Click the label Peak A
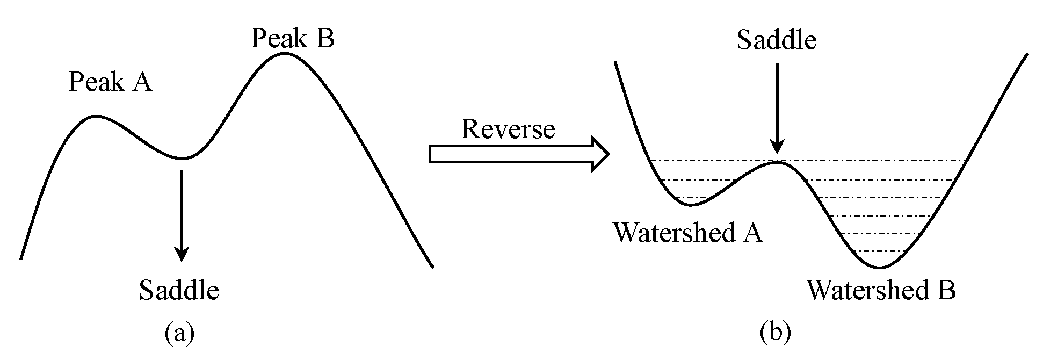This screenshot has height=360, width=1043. tap(110, 83)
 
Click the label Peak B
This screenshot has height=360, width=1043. tap(293, 39)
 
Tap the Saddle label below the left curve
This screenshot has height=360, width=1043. tap(179, 291)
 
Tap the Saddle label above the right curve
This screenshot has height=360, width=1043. tap(776, 40)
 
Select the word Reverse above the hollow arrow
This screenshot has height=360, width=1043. tap(508, 129)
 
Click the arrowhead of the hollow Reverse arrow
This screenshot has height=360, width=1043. tap(600, 154)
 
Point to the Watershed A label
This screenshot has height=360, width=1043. tap(687, 233)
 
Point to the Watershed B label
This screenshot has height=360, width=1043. tap(881, 291)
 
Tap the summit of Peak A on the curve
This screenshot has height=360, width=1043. tap(96, 116)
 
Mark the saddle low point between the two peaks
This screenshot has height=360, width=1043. tap(183, 158)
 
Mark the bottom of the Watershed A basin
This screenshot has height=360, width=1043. tap(691, 205)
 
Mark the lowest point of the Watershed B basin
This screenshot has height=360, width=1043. tap(880, 268)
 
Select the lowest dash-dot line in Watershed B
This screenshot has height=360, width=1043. tap(881, 251)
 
